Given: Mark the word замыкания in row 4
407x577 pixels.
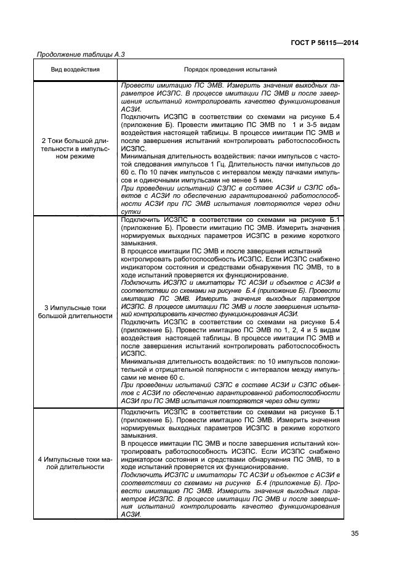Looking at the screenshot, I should click(x=140, y=435).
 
